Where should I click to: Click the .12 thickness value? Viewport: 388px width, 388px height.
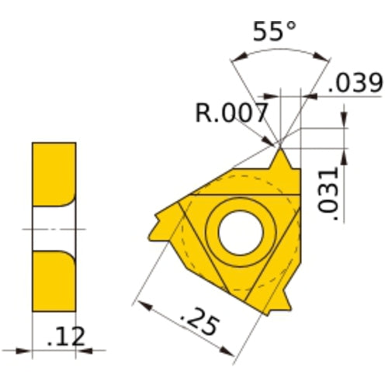(65, 336)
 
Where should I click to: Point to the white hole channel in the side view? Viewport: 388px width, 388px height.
(54, 229)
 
